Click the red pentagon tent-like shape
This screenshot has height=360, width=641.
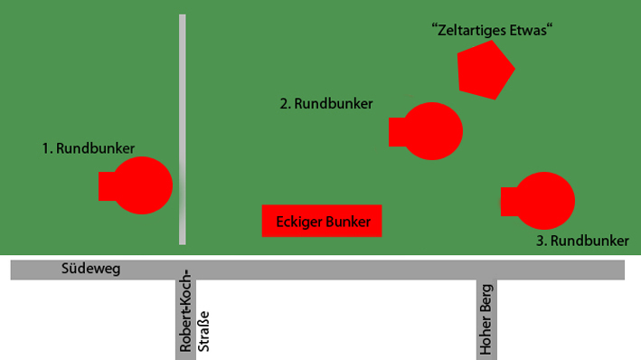tap(485, 71)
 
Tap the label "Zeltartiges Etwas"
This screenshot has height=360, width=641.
tap(492, 30)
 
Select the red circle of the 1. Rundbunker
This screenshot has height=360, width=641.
tap(142, 185)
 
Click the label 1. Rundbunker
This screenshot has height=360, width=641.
tap(89, 148)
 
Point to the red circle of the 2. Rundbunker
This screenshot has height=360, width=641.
tap(432, 131)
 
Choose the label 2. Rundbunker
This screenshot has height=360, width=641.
tap(326, 103)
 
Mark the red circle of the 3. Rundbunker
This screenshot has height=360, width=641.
tap(544, 201)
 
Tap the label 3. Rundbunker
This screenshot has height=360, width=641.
tap(582, 241)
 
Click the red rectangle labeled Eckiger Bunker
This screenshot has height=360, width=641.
tap(322, 221)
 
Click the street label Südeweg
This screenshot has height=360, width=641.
tap(90, 269)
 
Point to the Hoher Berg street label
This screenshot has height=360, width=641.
tap(485, 319)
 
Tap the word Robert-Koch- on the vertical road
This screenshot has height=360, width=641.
tap(185, 310)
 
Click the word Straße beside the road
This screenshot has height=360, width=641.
tap(203, 332)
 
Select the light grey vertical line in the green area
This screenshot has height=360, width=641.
tap(183, 129)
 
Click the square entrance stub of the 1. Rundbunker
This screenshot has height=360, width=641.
tap(107, 186)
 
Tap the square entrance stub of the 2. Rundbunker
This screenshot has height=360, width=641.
tap(397, 132)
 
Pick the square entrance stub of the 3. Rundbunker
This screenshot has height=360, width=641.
tap(508, 202)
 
